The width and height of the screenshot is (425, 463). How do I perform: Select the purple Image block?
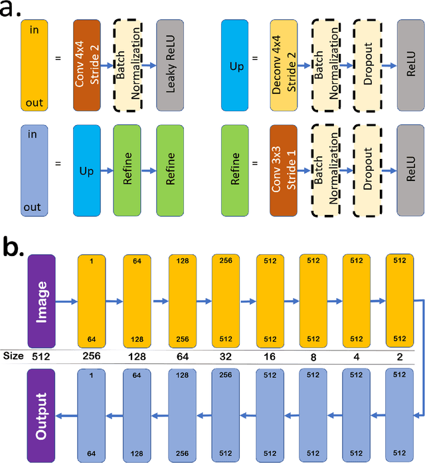(x=41, y=299)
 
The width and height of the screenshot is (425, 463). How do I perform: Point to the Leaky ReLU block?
(x=171, y=65)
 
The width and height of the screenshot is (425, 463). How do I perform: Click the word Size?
(x=13, y=356)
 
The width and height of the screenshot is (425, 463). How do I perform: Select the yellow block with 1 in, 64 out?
(x=92, y=299)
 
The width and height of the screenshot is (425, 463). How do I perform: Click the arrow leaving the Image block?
(x=66, y=300)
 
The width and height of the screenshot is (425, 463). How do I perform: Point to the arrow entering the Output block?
(x=66, y=414)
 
